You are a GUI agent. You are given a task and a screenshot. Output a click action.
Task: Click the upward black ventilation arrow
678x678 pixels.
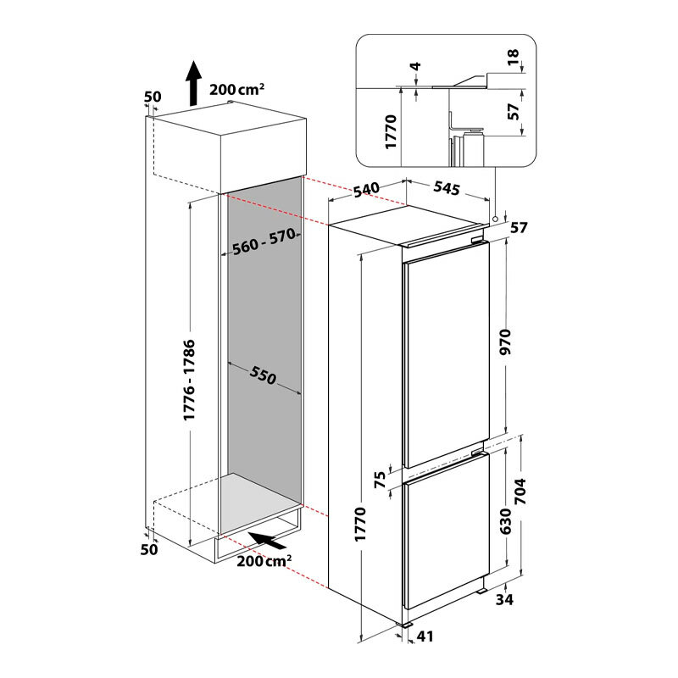click(193, 83)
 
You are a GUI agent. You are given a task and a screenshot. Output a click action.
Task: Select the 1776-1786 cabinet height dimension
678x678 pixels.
click(189, 380)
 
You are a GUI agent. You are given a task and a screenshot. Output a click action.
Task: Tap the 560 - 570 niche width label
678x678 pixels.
click(264, 242)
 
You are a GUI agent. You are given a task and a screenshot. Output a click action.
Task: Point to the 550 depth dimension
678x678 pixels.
click(263, 375)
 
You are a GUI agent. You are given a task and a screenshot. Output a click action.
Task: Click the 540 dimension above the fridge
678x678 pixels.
click(367, 190)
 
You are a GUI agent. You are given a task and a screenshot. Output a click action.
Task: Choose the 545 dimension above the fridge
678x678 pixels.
click(447, 188)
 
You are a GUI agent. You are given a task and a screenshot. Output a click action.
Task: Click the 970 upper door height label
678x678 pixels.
click(505, 342)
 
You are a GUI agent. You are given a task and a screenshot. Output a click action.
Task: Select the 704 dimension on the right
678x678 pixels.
click(520, 492)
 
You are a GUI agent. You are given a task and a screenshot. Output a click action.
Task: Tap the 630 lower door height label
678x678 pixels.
click(505, 521)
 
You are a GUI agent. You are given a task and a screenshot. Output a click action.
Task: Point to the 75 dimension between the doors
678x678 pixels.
click(380, 480)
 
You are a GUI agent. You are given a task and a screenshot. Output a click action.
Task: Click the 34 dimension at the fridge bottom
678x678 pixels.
click(504, 599)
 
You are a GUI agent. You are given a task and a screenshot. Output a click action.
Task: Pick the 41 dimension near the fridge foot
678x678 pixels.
click(425, 636)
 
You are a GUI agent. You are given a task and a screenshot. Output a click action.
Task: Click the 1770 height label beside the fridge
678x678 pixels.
click(359, 524)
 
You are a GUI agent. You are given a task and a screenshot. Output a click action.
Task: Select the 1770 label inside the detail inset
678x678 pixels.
click(391, 132)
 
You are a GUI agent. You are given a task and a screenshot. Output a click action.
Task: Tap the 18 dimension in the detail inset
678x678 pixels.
click(513, 57)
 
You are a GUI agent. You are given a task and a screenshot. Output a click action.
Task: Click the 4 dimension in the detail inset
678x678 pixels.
click(415, 66)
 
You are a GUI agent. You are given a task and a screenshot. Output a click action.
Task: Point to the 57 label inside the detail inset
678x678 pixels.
click(514, 112)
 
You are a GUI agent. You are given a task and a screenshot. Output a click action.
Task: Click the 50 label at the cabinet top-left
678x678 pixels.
click(153, 97)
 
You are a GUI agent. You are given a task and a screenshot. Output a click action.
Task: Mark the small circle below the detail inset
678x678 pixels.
click(495, 219)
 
